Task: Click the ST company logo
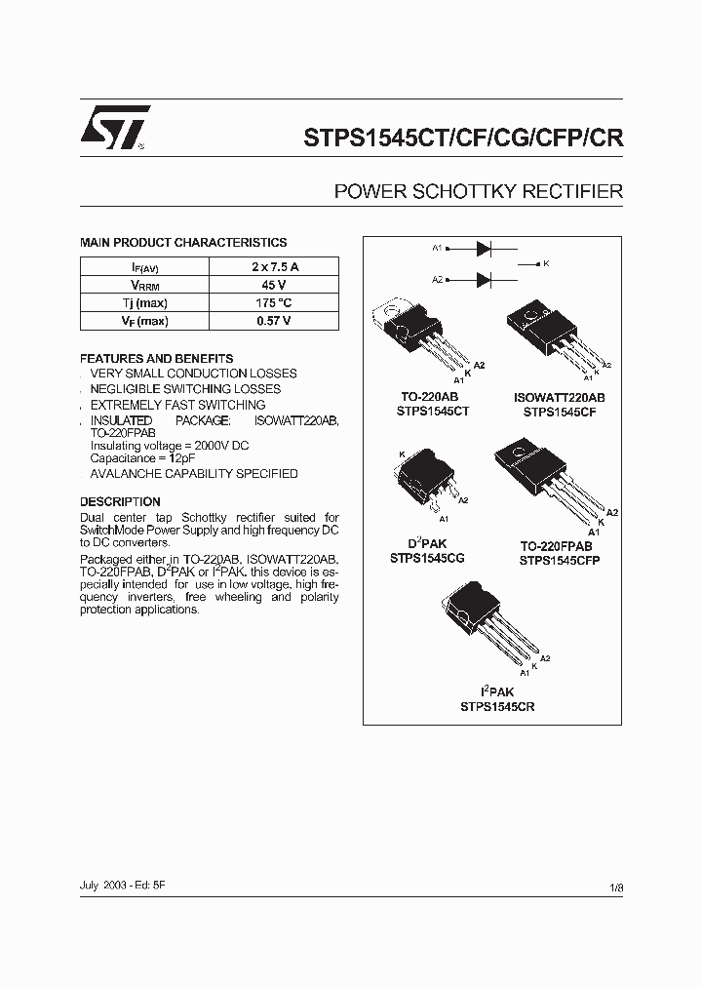tap(115, 127)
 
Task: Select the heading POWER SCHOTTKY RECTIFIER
tap(478, 191)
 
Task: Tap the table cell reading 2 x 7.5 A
tap(274, 266)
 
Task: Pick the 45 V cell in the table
tap(274, 285)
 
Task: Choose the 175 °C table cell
tap(274, 303)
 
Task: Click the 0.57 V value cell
tap(274, 321)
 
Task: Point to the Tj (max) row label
tap(144, 303)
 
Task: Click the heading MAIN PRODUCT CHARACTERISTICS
tap(183, 243)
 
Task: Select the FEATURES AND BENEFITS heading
tap(156, 358)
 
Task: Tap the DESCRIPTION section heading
tap(120, 502)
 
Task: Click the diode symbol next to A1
tap(483, 249)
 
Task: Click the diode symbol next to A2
tap(483, 280)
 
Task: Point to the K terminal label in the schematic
tap(546, 264)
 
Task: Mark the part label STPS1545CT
tap(433, 412)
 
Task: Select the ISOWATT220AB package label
tap(560, 398)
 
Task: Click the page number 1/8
tap(615, 887)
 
